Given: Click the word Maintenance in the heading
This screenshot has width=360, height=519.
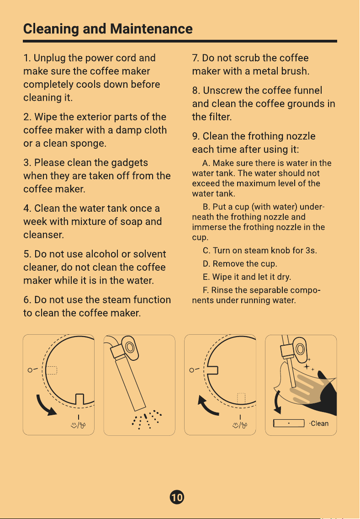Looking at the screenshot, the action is [151, 29].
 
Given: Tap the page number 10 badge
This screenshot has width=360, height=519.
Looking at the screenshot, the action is [177, 497].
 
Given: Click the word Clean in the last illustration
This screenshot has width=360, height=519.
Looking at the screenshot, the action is [320, 423].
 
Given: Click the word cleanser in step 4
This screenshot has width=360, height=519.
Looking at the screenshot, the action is [43, 235].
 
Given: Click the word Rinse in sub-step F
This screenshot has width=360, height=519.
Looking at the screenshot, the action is [221, 290].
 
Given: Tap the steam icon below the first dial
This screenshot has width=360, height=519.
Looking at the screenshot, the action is [78, 425].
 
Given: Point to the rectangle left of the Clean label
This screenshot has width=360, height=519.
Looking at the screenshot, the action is [289, 423].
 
